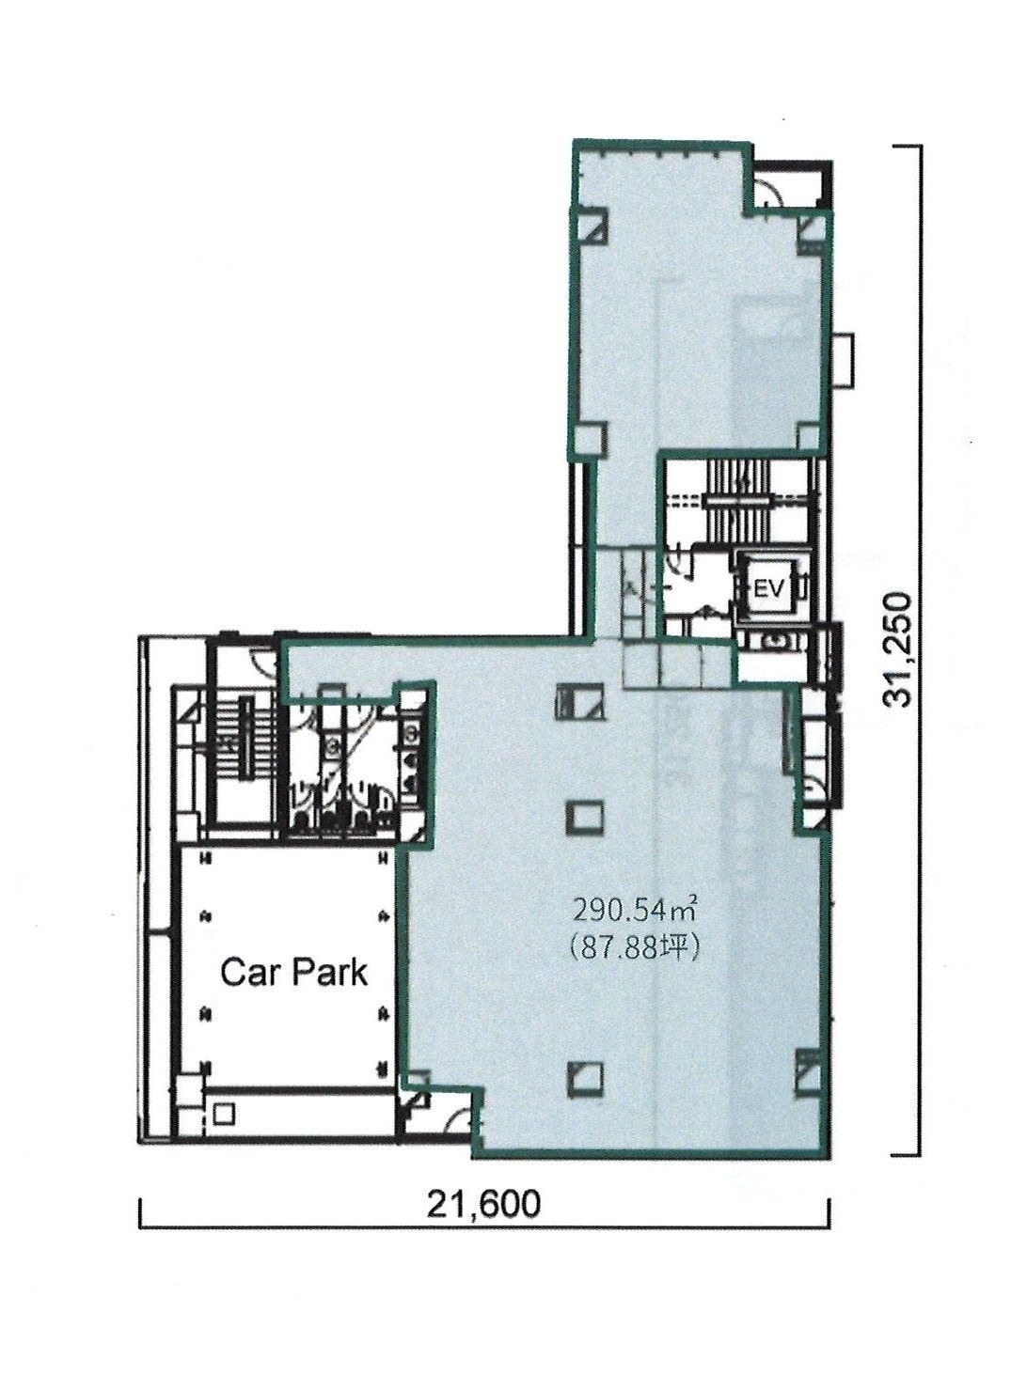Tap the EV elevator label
pyautogui.click(x=769, y=590)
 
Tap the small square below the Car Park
pyautogui.click(x=224, y=1113)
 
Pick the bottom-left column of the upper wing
pyautogui.click(x=590, y=440)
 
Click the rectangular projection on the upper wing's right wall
pyautogui.click(x=844, y=359)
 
